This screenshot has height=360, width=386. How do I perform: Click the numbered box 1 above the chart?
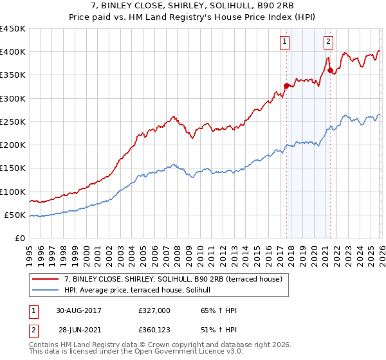pyautogui.click(x=284, y=42)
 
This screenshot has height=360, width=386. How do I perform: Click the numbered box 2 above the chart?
pyautogui.click(x=328, y=42)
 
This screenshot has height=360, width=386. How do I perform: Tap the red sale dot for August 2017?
pyautogui.click(x=286, y=85)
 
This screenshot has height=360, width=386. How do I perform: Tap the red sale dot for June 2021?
pyautogui.click(x=330, y=70)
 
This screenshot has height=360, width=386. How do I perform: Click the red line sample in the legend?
pyautogui.click(x=46, y=278)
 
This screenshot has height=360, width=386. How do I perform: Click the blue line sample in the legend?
pyautogui.click(x=46, y=291)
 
